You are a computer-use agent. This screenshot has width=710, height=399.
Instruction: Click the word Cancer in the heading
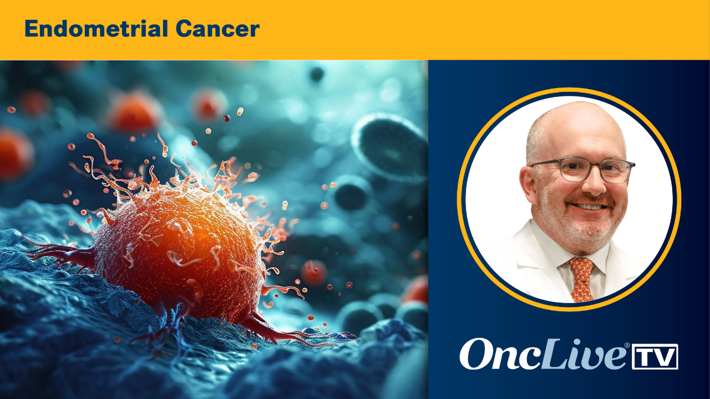218,29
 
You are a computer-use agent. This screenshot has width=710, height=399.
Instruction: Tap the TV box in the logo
655,356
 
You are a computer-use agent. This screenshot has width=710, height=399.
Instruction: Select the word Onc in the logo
500,354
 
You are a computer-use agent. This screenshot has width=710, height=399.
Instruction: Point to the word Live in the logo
583,354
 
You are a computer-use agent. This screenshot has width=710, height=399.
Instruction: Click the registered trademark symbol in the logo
627,345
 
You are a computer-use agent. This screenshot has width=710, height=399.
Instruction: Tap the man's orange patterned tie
581,279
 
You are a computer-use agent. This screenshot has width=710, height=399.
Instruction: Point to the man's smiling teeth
590,207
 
